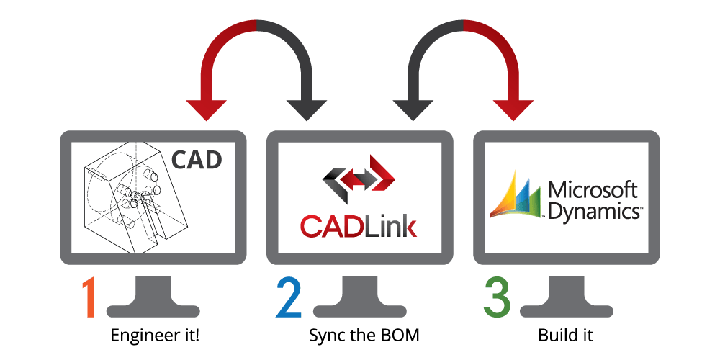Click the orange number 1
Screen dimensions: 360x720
tap(87, 296)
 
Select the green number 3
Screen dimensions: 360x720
tap(497, 296)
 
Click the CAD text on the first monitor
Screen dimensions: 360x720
tap(197, 159)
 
